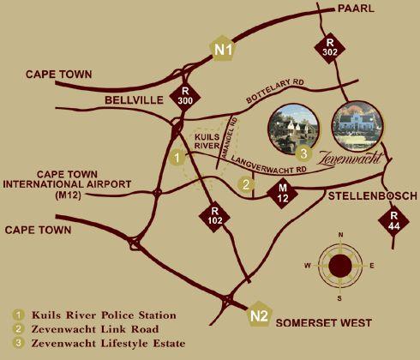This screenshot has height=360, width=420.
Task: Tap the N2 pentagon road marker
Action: point(261,315)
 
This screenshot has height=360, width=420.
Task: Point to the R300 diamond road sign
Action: point(184,95)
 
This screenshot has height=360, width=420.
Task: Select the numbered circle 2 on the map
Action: point(246,183)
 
